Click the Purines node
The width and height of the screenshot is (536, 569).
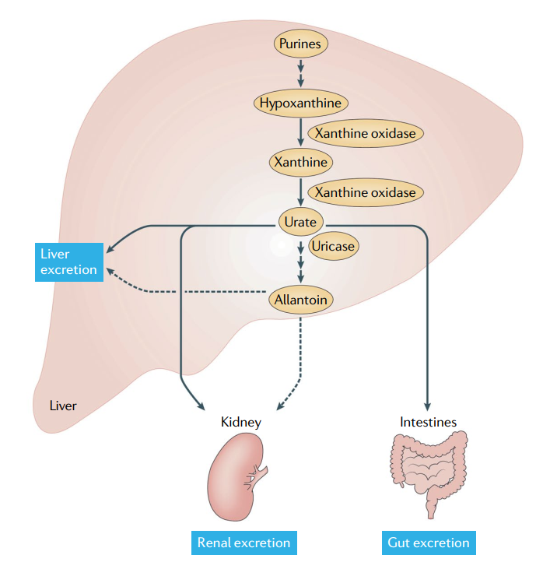(300, 44)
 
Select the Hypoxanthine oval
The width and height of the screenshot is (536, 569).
(300, 102)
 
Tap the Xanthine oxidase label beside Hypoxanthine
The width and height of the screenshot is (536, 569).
(365, 132)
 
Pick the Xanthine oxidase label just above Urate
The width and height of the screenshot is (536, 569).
(365, 191)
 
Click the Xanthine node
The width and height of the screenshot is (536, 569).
(300, 162)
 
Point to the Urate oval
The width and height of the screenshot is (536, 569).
(300, 222)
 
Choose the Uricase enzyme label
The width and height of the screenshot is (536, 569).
(332, 246)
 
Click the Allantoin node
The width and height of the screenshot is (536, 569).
(300, 298)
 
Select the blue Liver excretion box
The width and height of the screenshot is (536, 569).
(69, 262)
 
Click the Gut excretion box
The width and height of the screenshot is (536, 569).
(428, 543)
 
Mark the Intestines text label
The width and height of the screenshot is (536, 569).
(428, 422)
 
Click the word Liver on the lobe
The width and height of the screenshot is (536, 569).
(63, 406)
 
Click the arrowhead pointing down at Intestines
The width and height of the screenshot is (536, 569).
(428, 406)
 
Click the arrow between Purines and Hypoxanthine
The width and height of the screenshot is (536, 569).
(300, 73)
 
